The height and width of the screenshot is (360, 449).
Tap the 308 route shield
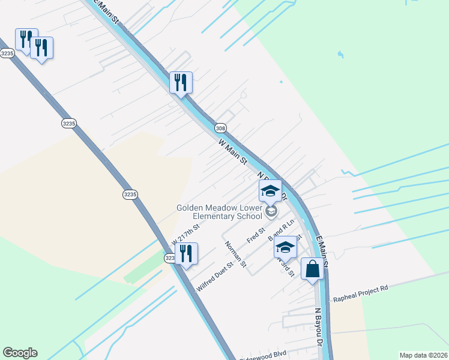point(220,128)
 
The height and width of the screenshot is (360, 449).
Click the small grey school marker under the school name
point(271,211)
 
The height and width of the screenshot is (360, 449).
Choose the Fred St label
point(256,235)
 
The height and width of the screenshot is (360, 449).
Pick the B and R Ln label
point(281,228)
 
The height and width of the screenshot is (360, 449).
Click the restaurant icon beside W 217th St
point(186,253)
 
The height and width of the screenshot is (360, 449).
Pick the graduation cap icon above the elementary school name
point(270,191)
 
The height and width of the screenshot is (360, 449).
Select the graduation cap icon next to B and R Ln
point(285,247)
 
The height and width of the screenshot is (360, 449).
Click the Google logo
point(20,353)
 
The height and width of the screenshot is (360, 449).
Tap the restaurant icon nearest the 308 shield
point(181,82)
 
